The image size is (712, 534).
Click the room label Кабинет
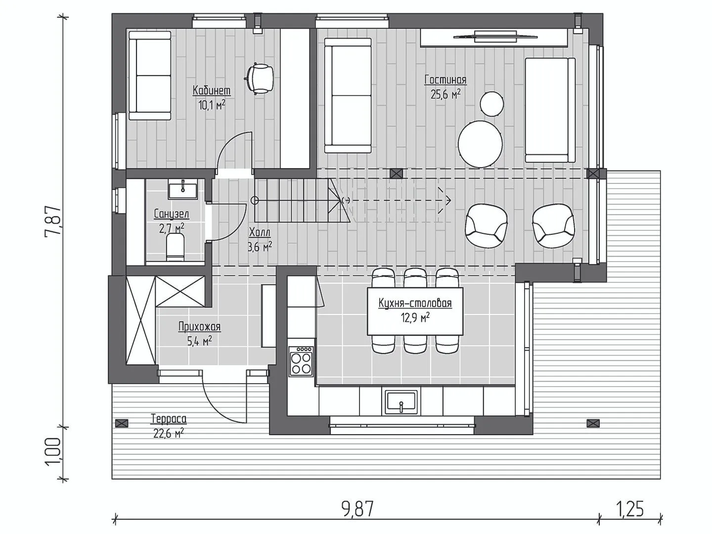pyautogui.click(x=212, y=90)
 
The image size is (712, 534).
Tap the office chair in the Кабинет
pyautogui.click(x=259, y=79)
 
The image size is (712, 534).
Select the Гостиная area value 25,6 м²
pyautogui.click(x=445, y=94)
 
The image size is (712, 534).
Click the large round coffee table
pyautogui.click(x=481, y=144)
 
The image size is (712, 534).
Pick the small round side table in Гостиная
pyautogui.click(x=492, y=103)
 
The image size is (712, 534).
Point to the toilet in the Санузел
pyautogui.click(x=175, y=248)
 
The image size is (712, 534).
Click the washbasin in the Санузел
pyautogui.click(x=182, y=191)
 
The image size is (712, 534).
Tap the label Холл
pyautogui.click(x=260, y=232)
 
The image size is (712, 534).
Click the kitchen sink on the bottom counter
pyautogui.click(x=401, y=402)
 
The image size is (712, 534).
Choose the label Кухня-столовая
pyautogui.click(x=415, y=304)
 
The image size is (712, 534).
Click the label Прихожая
pyautogui.click(x=199, y=327)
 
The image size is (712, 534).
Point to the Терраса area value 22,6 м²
pyautogui.click(x=169, y=434)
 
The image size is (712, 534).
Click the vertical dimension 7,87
pyautogui.click(x=53, y=222)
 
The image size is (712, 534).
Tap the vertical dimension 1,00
pyautogui.click(x=53, y=452)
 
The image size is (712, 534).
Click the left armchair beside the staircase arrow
pyautogui.click(x=486, y=226)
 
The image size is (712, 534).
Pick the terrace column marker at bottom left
pyautogui.click(x=122, y=423)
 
